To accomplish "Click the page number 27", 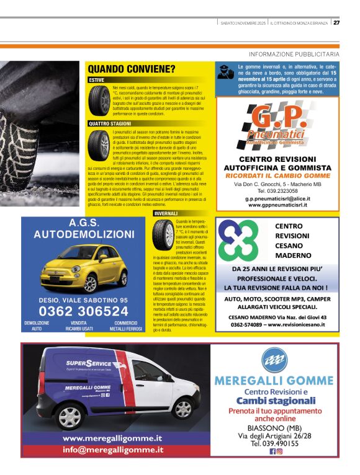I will [x=336, y=23].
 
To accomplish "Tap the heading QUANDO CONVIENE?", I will [x=131, y=69].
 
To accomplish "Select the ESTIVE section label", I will [x=96, y=80].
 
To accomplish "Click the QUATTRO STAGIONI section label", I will [x=109, y=123].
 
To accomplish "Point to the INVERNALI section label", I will [x=166, y=213].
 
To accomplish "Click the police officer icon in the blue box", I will [x=226, y=72].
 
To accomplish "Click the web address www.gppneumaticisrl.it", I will [x=277, y=205].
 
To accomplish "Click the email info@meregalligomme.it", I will [x=113, y=450].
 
